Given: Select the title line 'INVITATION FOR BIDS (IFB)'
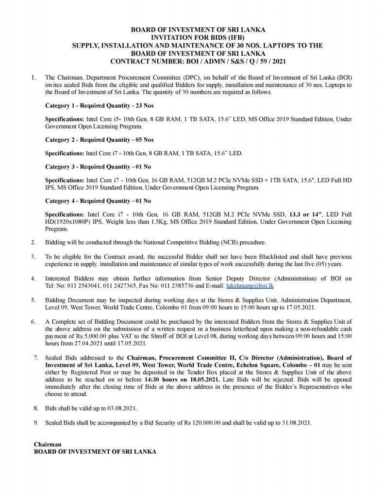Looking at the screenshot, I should (x=192, y=37).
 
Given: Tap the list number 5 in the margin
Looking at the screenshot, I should (x=33, y=300).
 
